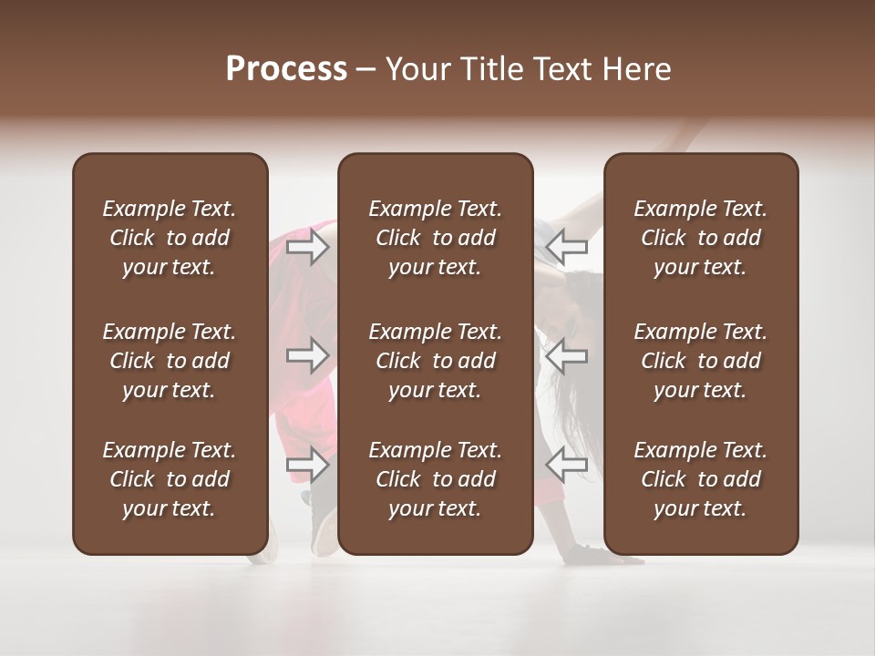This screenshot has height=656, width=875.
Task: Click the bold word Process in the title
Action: (x=286, y=68)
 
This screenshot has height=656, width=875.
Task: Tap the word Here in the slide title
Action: (x=637, y=69)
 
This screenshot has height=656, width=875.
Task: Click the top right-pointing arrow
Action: (x=308, y=246)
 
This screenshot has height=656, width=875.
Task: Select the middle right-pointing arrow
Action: (x=308, y=355)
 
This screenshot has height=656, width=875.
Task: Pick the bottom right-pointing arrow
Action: (x=308, y=465)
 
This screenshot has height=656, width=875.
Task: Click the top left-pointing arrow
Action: (x=567, y=246)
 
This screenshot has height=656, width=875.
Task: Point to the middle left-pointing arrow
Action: (x=567, y=355)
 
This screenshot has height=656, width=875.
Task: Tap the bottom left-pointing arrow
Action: (x=567, y=465)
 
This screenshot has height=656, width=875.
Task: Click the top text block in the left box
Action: (x=170, y=238)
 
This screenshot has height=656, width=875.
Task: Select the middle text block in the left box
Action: (x=170, y=361)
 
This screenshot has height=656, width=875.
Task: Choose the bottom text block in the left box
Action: (x=170, y=479)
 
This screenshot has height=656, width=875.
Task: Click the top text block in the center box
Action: (x=435, y=238)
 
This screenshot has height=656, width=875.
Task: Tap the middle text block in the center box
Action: (x=435, y=361)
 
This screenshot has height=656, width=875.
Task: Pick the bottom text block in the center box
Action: (x=435, y=479)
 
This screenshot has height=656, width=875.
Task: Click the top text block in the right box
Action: (x=700, y=238)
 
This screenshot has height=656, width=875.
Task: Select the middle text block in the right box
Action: (x=700, y=361)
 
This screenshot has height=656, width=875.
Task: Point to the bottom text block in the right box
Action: (x=700, y=479)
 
